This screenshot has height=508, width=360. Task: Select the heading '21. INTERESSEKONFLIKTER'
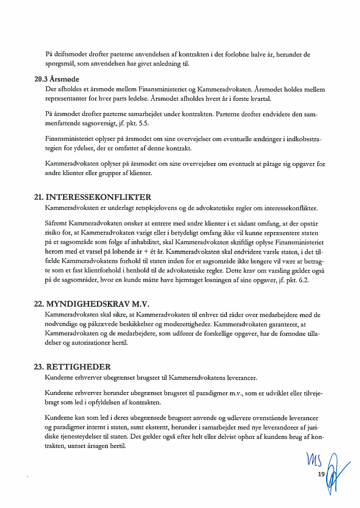pyautogui.click(x=93, y=197)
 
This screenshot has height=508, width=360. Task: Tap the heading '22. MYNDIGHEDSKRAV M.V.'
pyautogui.click(x=94, y=303)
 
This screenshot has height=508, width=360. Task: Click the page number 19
pyautogui.click(x=321, y=474)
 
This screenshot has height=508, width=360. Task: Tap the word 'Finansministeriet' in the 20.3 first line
pyautogui.click(x=163, y=90)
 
